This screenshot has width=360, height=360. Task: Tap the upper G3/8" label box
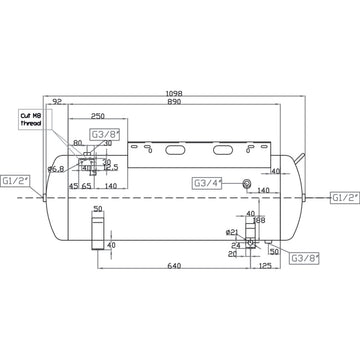coord(103,133)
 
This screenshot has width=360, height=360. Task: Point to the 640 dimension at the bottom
coord(176,266)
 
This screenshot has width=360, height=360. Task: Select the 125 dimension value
coord(264,266)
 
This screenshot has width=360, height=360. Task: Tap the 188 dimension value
coord(258,221)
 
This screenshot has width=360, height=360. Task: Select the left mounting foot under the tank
coord(98,232)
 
